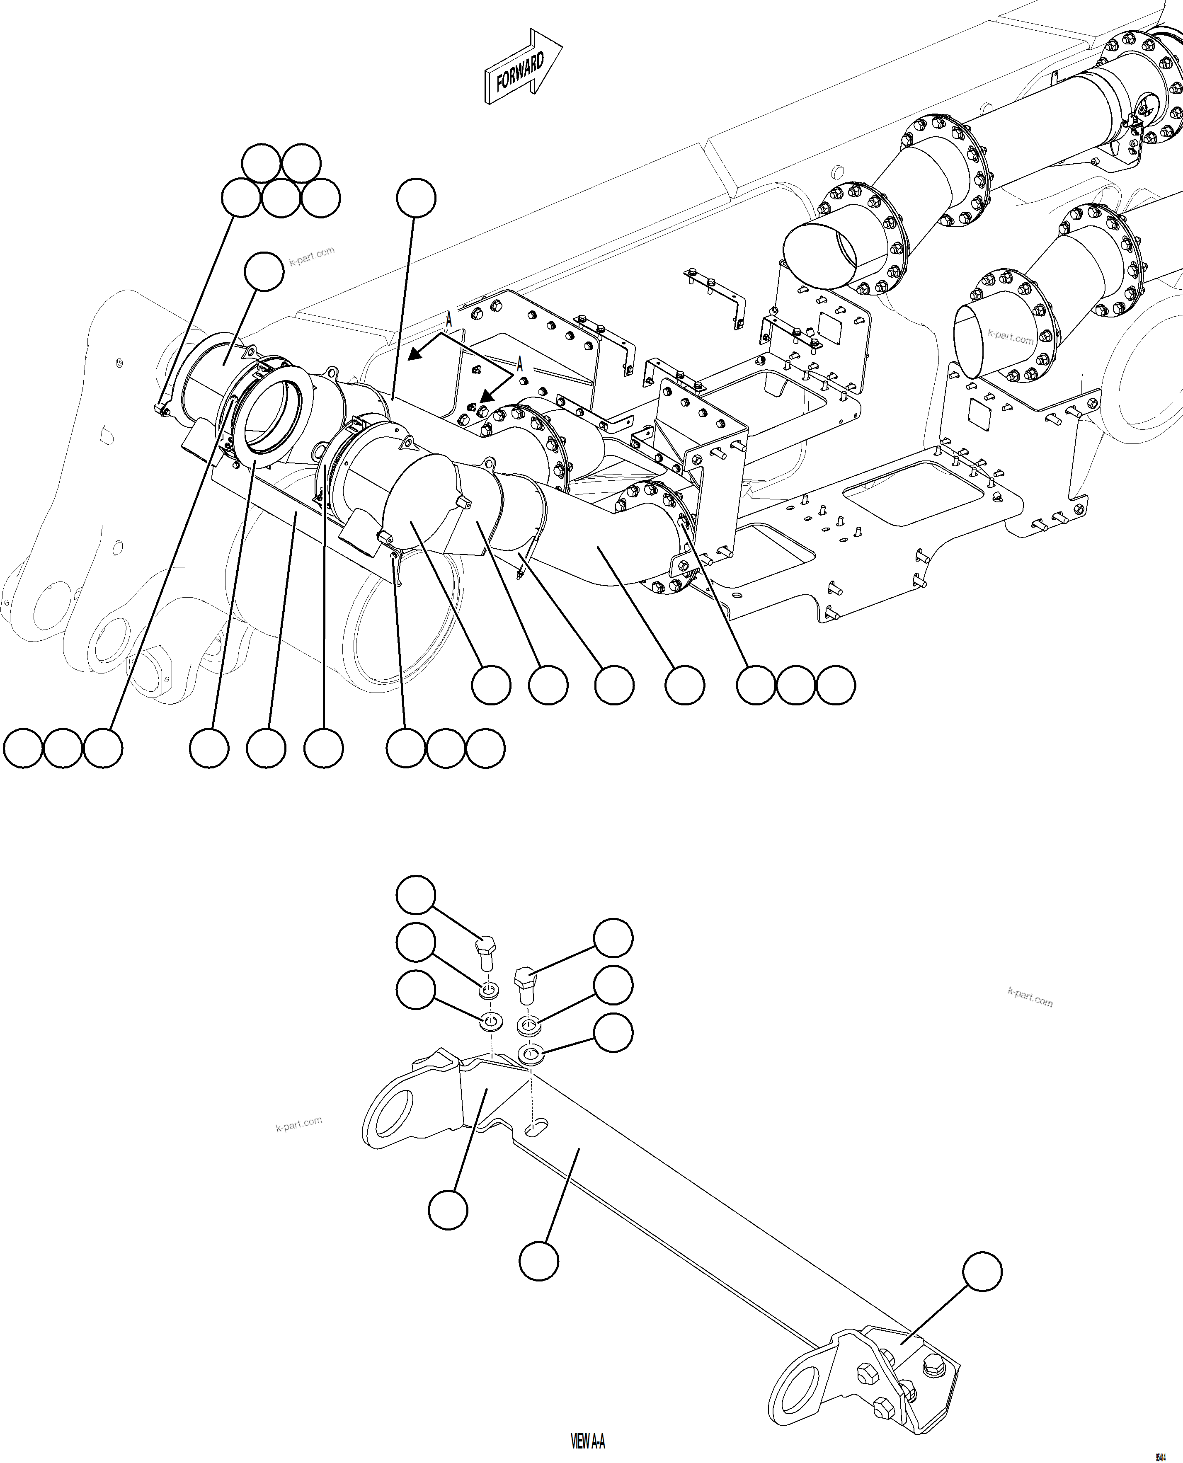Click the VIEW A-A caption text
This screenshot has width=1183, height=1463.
pyautogui.click(x=587, y=1441)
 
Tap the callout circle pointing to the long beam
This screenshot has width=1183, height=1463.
pyautogui.click(x=539, y=1261)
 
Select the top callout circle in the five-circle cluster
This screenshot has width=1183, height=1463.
pyautogui.click(x=262, y=164)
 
